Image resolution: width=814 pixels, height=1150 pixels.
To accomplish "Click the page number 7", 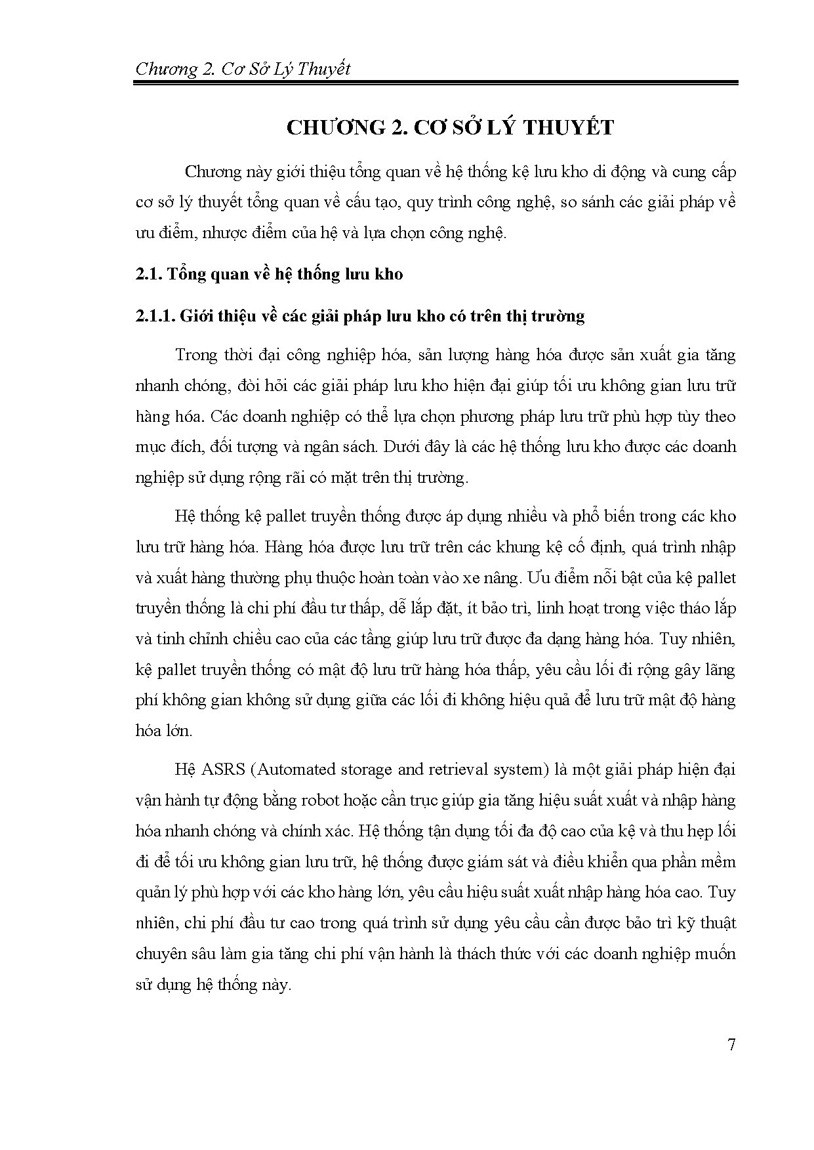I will tap(731, 1044).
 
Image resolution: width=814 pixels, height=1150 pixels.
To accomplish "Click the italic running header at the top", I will tap(242, 69).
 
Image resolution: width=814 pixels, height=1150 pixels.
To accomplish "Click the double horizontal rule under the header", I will tap(436, 83).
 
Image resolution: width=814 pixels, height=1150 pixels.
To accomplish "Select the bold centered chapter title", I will tap(450, 127).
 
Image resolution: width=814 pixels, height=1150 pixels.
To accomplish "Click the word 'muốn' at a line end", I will tap(718, 953).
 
